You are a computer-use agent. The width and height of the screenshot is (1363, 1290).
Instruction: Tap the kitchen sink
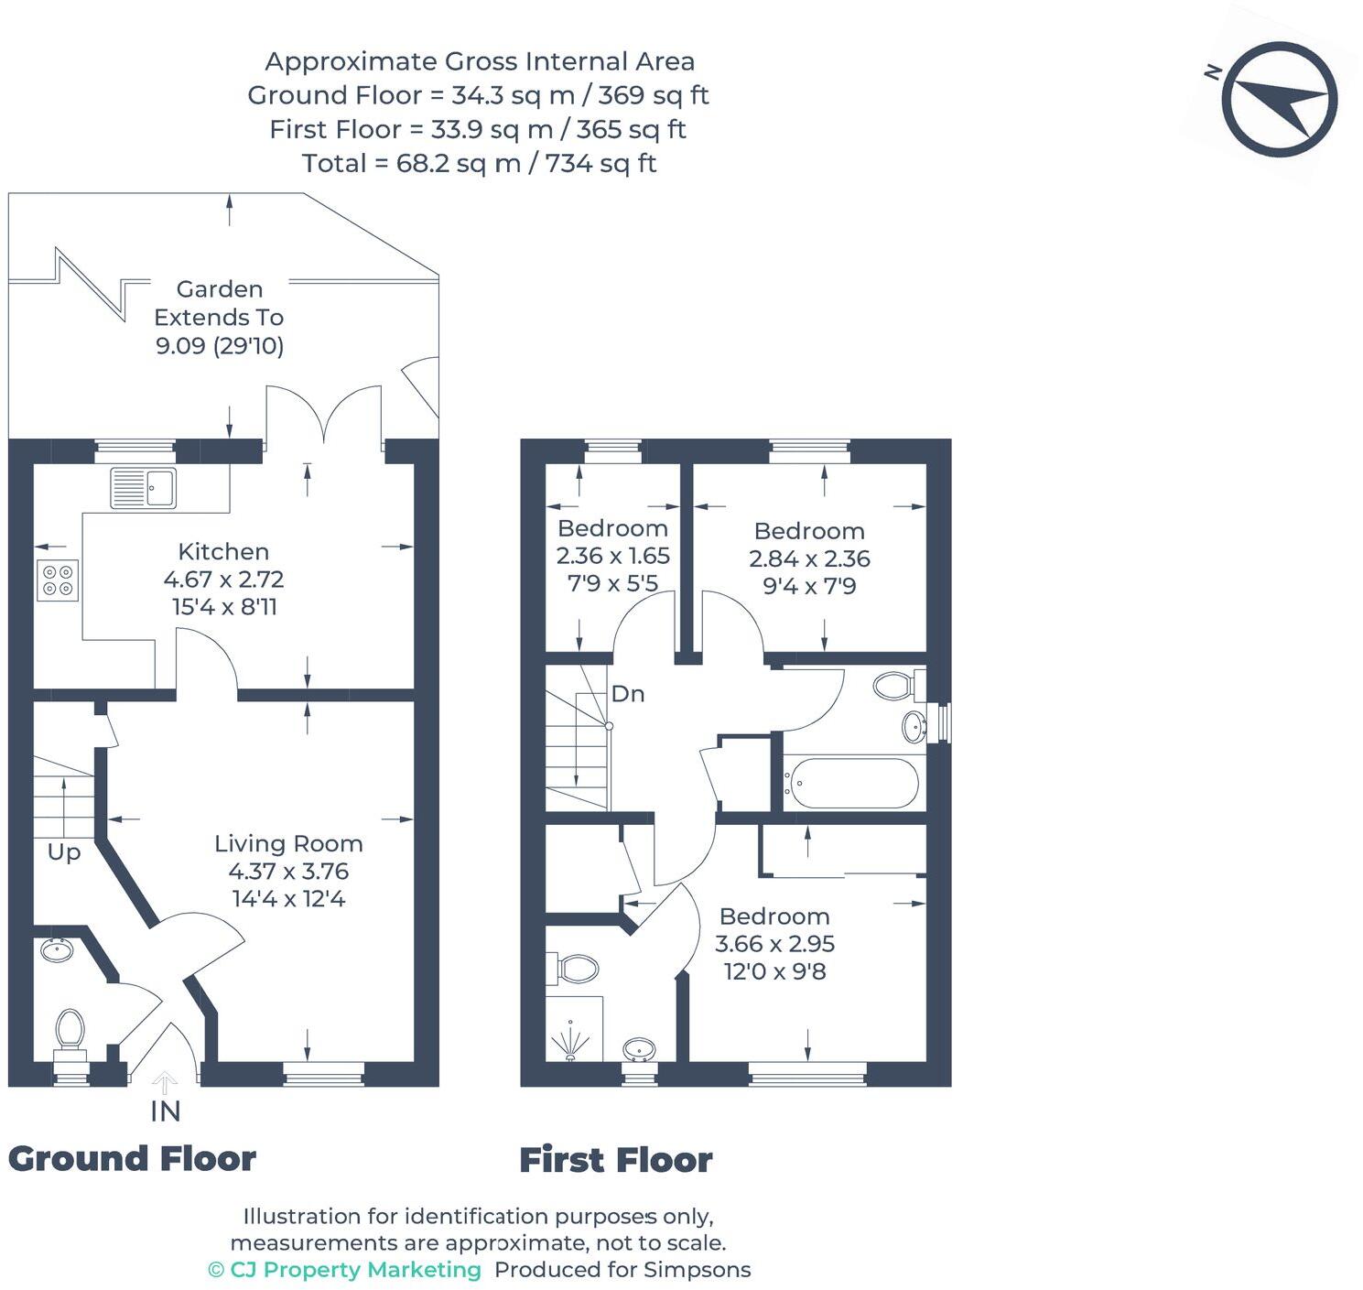pyautogui.click(x=143, y=488)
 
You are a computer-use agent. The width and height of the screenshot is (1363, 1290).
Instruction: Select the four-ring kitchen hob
pyautogui.click(x=58, y=580)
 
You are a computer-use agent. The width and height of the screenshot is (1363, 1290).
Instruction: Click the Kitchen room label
pyautogui.click(x=223, y=552)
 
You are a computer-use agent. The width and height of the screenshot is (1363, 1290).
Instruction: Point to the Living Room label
pyautogui.click(x=288, y=844)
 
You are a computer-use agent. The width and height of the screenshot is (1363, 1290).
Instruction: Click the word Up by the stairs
pyautogui.click(x=64, y=853)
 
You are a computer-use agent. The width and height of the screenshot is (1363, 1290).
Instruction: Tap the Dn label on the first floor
pyautogui.click(x=628, y=694)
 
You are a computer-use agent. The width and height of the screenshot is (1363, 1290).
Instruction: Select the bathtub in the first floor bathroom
pyautogui.click(x=853, y=783)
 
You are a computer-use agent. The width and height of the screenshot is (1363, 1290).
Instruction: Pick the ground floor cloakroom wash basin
pyautogui.click(x=57, y=950)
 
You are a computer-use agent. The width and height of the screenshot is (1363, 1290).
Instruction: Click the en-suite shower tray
pyautogui.click(x=574, y=1029)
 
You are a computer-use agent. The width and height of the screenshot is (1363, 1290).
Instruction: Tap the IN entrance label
pyautogui.click(x=165, y=1111)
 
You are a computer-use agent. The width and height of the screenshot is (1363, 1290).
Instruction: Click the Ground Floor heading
pyautogui.click(x=132, y=1159)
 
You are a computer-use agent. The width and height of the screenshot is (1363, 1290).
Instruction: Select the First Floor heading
pyautogui.click(x=616, y=1160)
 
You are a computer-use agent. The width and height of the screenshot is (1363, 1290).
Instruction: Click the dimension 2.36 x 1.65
pyautogui.click(x=613, y=557)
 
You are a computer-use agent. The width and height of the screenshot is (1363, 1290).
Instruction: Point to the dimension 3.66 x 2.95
pyautogui.click(x=774, y=944)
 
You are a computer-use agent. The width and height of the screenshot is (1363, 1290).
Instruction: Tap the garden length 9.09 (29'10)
pyautogui.click(x=220, y=345)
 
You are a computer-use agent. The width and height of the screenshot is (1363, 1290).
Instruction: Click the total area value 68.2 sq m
pyautogui.click(x=459, y=164)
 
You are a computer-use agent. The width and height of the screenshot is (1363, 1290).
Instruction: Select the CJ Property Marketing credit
pyautogui.click(x=344, y=1270)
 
